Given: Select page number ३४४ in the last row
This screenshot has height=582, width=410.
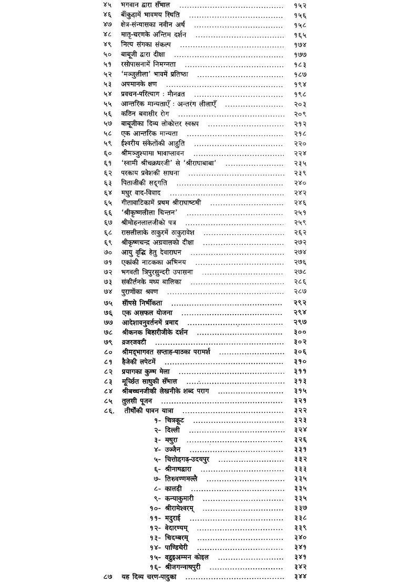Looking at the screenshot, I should pos(301,577).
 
